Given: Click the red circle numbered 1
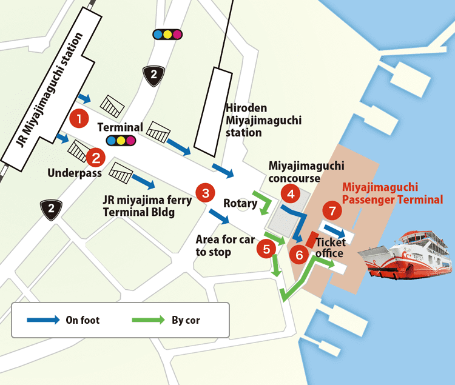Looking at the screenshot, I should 79,118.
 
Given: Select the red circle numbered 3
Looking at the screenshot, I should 205,194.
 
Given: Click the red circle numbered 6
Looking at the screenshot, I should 299,254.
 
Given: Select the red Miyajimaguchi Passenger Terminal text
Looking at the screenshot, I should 392,193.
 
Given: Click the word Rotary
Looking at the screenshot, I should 240,203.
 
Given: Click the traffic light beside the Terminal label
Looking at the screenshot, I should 120,141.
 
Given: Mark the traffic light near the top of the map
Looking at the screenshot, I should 167,34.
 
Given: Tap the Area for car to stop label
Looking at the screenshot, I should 224,246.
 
